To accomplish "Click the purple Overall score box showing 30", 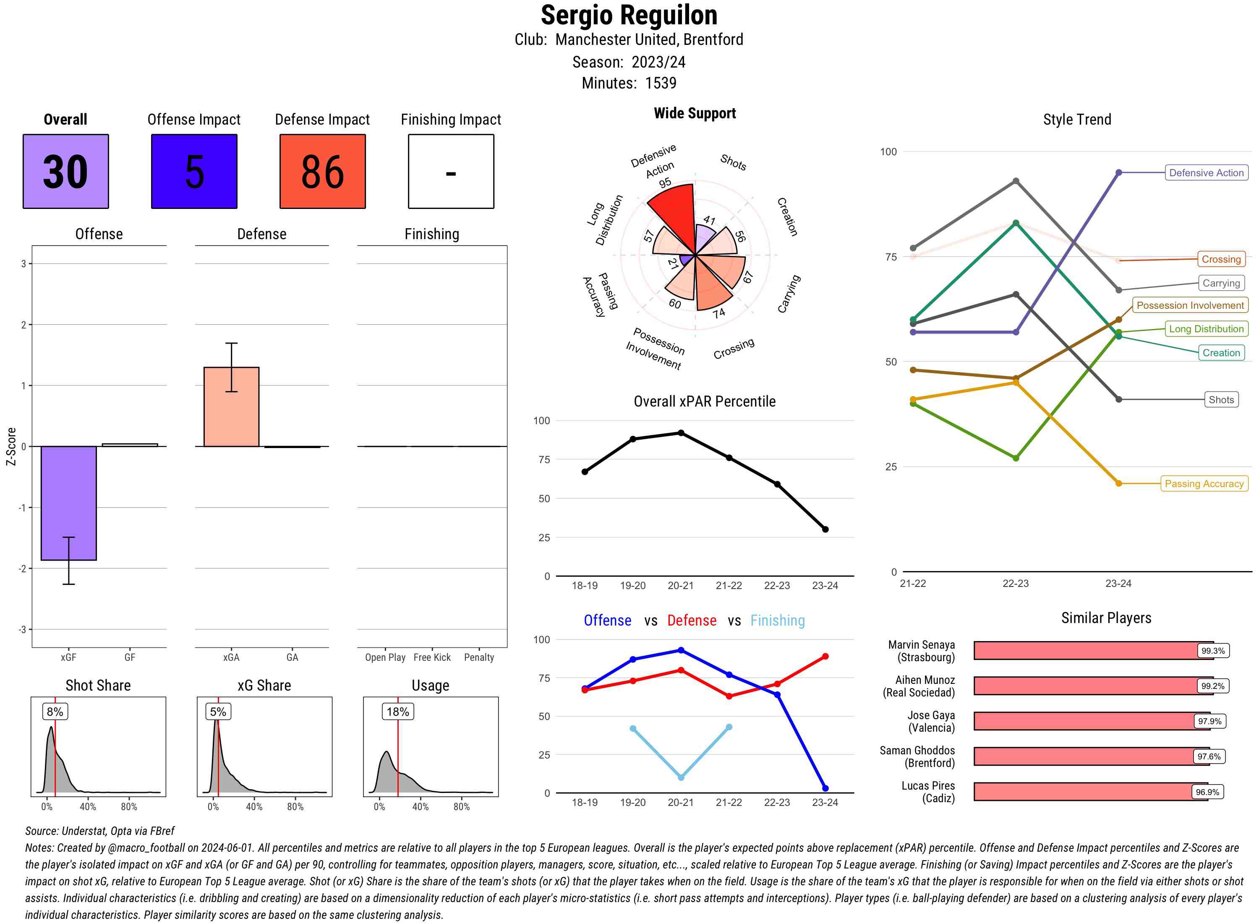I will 65,171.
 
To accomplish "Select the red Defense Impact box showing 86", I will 322,171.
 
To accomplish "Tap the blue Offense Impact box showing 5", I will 194,171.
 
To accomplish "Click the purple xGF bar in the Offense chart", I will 69,503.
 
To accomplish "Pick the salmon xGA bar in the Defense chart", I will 231,407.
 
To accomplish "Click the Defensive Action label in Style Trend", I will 1206,173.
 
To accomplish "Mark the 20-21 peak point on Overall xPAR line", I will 681,433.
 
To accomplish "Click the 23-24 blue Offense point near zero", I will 825,788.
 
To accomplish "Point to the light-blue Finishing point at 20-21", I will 681,777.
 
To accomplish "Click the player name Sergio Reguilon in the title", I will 629,15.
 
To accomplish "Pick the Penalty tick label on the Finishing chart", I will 479,657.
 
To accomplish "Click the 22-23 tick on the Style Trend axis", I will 1015,583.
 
